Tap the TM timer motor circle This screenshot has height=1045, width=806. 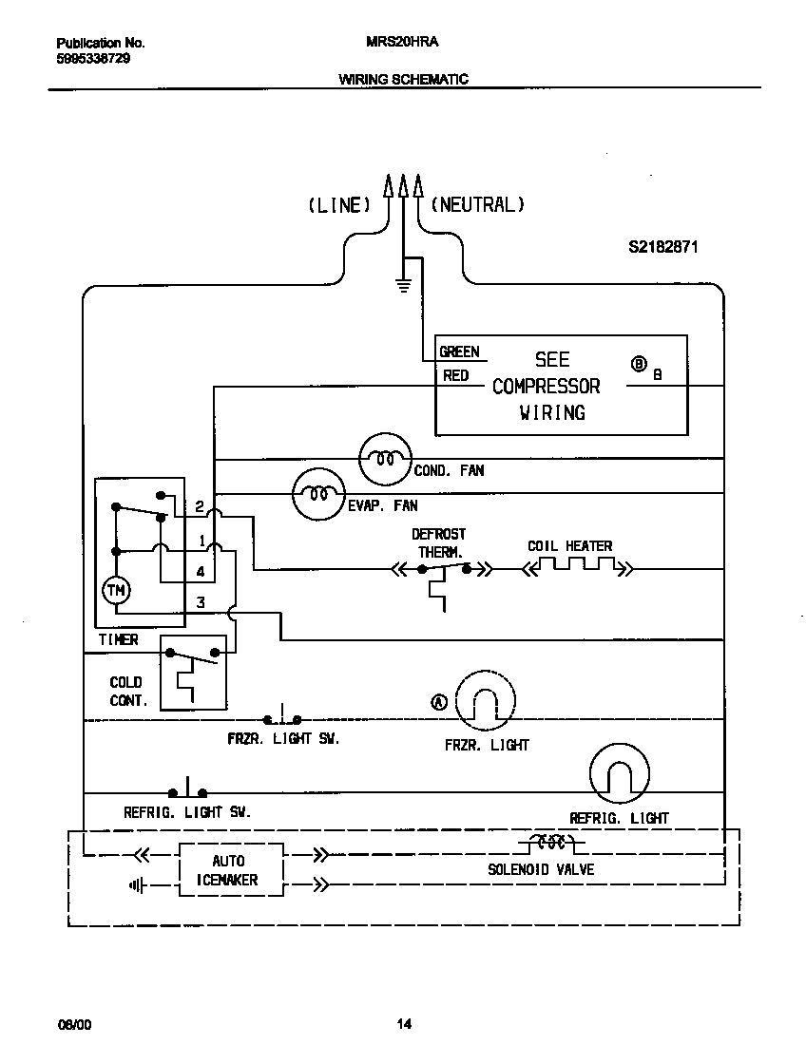pos(116,590)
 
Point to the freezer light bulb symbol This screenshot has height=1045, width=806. pos(486,702)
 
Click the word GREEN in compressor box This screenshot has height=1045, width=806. pos(459,351)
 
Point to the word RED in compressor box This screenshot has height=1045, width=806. pos(456,376)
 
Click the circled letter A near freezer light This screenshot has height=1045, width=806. pos(439,702)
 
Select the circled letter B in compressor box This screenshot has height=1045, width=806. pos(639,364)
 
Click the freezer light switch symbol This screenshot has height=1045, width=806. pos(281,718)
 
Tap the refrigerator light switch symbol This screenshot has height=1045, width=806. pos(188,790)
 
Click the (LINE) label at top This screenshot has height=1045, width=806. pos(338,204)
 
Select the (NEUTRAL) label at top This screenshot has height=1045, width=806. pos(477,204)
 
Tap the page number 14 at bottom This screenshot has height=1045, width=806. pos(404,1024)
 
